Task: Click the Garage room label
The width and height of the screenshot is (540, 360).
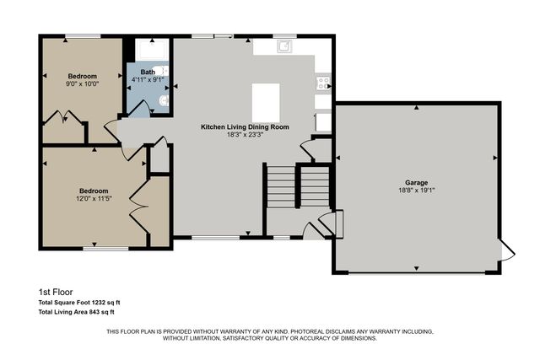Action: (416, 183)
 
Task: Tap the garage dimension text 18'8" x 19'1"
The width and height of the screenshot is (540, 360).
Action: (416, 191)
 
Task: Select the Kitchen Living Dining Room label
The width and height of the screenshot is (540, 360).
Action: (245, 126)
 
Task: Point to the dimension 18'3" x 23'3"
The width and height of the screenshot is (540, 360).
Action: (245, 134)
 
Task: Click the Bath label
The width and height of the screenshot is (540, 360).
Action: (148, 73)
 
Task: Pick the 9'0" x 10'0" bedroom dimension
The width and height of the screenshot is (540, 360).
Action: (83, 83)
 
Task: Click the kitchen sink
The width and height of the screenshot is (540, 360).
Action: (284, 46)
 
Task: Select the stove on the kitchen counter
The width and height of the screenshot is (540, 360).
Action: (323, 83)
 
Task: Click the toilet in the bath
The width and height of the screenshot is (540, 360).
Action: (165, 102)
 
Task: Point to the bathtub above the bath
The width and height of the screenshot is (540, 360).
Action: (151, 48)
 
